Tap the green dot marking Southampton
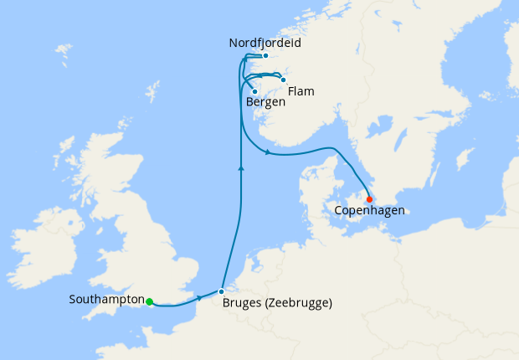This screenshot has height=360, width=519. coord(149,302)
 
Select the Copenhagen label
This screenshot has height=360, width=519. coord(369,211)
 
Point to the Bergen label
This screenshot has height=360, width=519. coord(266,102)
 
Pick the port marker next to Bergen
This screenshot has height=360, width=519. coord(254,92)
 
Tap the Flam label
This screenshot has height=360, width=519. coord(301,91)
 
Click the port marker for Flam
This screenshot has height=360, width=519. coord(283,80)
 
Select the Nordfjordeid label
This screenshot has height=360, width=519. coord(264,43)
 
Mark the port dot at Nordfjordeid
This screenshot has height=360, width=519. coord(265,56)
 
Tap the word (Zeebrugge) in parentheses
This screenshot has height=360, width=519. coord(299,303)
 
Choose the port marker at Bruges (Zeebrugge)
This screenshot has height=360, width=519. coord(221,292)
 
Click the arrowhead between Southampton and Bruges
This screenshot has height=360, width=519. coord(198,298)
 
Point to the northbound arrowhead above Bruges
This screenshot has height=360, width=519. coord(241,168)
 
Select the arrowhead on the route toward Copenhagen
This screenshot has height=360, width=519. coord(266,152)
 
